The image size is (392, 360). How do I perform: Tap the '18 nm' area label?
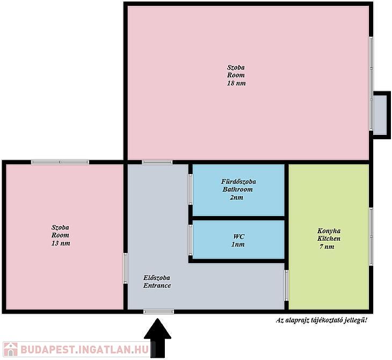coord(236,83)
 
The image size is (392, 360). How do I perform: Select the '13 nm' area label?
coord(61,243)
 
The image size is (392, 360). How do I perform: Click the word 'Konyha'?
coord(329,231)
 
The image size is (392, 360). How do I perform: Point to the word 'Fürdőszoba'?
coord(238,182)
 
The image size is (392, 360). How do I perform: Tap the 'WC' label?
coord(239,236)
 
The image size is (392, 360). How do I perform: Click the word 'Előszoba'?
coord(157,278)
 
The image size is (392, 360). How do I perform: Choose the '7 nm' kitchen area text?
coord(326,247)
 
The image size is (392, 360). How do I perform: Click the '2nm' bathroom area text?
coord(236,197)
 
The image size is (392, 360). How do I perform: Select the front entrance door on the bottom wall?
coord(159,312)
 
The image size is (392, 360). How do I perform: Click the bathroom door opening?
coord(191,189)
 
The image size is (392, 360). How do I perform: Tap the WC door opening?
coord(191,240)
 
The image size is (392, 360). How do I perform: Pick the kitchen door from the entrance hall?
coord(287,285)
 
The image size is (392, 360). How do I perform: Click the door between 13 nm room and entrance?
coord(126,269)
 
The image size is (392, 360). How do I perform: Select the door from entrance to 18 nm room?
coord(157,162)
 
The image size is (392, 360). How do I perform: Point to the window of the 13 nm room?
coord(60,162)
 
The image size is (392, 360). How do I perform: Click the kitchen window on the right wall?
coord(371,236)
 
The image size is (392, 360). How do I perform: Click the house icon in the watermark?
coord(11,349)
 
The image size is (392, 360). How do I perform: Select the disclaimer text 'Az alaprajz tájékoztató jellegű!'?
coord(322,320)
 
